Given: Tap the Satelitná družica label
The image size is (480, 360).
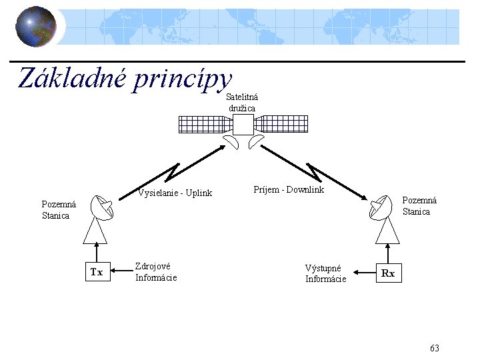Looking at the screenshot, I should [242, 103].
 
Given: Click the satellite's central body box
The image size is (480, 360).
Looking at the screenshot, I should [243, 124].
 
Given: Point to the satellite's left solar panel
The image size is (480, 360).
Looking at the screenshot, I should [205, 124].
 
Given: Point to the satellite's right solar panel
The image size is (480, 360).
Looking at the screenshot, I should [280, 124].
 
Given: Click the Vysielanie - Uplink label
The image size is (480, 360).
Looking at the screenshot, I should [175, 193].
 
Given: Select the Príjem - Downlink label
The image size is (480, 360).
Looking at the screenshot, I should [289, 190].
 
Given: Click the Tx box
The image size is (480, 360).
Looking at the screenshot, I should [97, 272].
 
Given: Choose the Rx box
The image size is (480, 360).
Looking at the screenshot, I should [388, 273].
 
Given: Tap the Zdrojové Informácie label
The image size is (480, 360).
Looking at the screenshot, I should [156, 271].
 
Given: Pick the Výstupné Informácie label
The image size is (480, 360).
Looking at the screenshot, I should [325, 273].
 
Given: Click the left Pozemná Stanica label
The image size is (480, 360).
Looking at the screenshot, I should [58, 210].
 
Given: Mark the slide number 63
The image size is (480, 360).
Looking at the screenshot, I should [435, 349].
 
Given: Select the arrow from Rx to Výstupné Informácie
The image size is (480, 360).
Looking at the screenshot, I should [363, 273].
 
